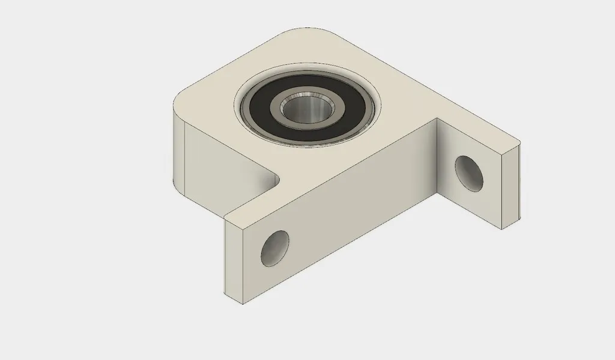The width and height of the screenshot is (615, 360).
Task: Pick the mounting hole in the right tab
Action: pos(469,173)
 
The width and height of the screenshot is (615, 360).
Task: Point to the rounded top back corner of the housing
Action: pos(306,30)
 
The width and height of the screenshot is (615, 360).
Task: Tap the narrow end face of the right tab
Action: pos(510,186)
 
